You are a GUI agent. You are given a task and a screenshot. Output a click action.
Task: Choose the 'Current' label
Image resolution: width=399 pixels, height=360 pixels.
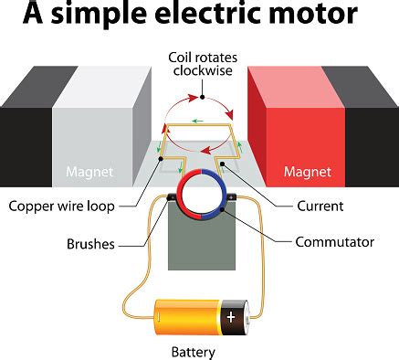point(319,206)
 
